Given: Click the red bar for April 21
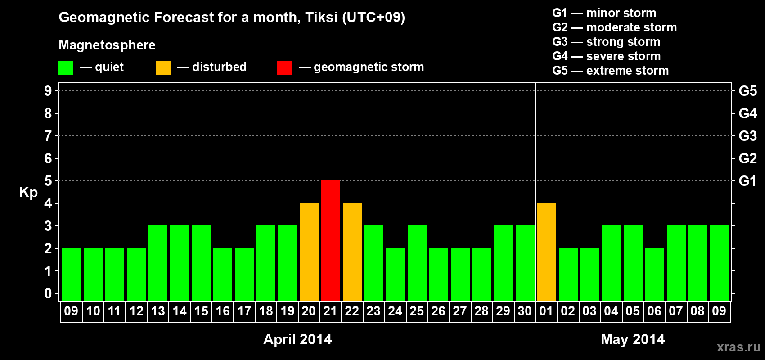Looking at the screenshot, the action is [331, 240].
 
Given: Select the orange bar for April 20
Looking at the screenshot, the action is [309, 252].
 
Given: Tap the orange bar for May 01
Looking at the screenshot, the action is [546, 252].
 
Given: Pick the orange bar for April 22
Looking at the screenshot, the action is [352, 252].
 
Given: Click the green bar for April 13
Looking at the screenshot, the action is [158, 263].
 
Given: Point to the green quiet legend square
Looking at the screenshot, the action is [66, 67].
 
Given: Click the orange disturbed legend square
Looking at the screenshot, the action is [163, 67].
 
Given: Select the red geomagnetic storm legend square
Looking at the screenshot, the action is [285, 67].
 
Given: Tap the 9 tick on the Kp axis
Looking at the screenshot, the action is [48, 91].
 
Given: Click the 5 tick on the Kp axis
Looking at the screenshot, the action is [48, 181].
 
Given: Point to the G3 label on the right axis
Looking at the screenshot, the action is [747, 136].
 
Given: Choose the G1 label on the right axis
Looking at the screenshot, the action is [747, 181].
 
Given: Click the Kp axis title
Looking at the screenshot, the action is [28, 192].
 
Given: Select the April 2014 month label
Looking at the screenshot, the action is [297, 339].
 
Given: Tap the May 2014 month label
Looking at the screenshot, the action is [633, 339].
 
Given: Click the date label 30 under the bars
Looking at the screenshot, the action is [525, 311].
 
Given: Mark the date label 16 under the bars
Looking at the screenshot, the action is [223, 311].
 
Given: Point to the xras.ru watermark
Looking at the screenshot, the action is [739, 347].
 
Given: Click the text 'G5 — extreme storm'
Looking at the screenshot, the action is [611, 71].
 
